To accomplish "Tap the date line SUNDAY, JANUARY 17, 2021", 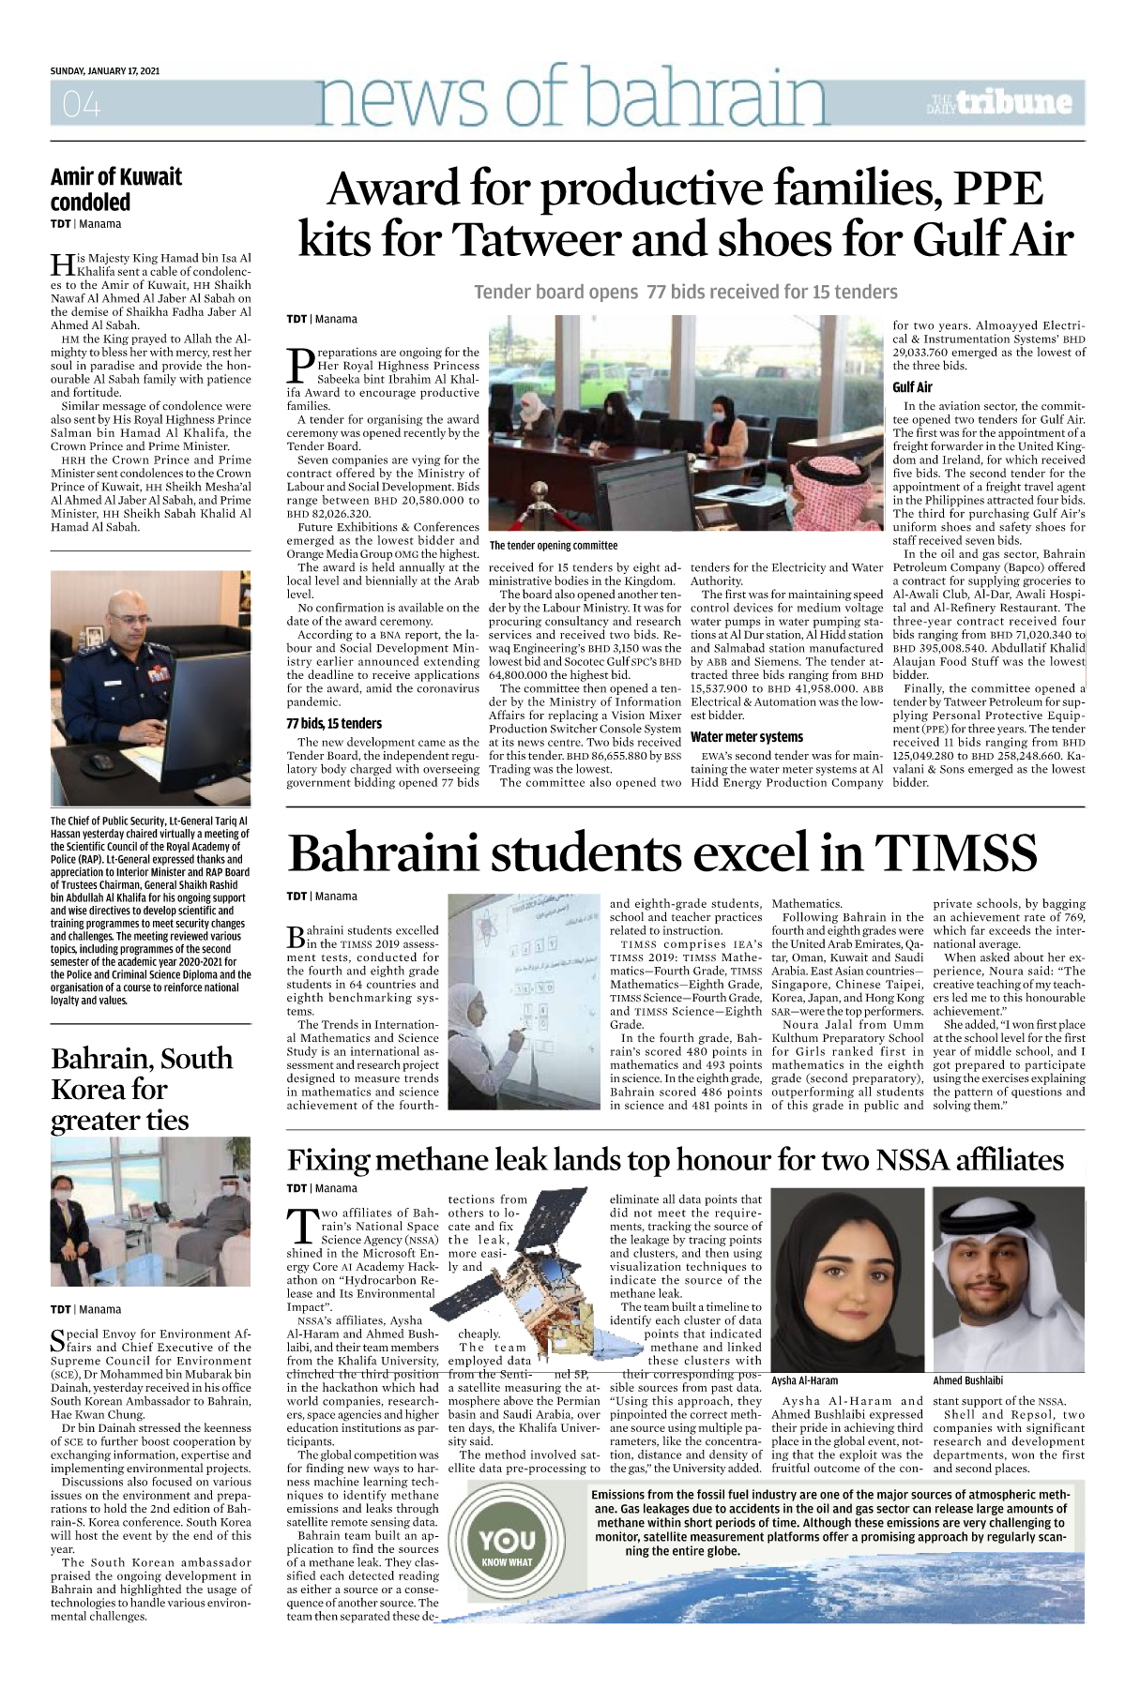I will [105, 71].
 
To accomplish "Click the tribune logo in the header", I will [1000, 102].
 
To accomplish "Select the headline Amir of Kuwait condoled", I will [116, 189].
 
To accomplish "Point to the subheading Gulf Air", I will [912, 387].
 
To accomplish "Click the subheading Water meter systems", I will [747, 737].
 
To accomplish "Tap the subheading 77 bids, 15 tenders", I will [334, 723].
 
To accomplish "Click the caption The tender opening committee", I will [554, 545].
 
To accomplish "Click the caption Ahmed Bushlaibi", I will [967, 1380].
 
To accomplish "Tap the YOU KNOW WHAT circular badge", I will [508, 1544].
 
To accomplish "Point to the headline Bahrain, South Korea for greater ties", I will [141, 1089].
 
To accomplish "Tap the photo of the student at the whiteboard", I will [524, 1002].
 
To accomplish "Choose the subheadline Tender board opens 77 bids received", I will [685, 292].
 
